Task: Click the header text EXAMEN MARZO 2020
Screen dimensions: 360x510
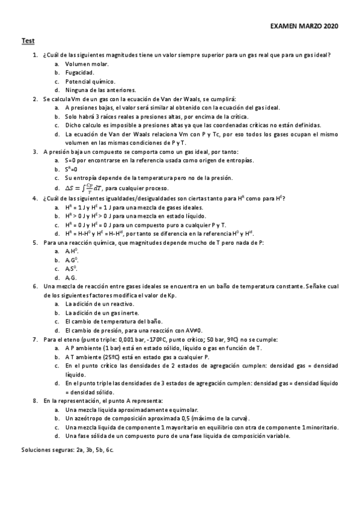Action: coord(305,27)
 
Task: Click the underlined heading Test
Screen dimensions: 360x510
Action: coord(28,40)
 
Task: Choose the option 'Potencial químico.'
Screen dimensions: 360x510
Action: coord(90,81)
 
